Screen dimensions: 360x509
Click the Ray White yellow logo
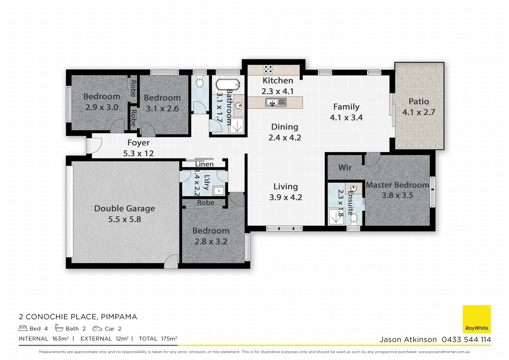[x=477, y=319]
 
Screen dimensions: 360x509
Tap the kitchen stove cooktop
[x=268, y=69]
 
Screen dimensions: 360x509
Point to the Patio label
[x=419, y=101]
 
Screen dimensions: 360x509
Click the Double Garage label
[x=125, y=209]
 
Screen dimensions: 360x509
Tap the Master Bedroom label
[x=397, y=185]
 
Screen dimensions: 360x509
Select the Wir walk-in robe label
[x=345, y=167]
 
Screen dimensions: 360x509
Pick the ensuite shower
[x=335, y=216]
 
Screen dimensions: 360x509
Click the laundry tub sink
[x=219, y=191]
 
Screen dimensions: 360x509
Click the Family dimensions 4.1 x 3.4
[x=346, y=118]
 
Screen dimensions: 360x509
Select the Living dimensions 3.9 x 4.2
[x=285, y=197]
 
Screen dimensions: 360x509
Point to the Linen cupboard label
[x=204, y=164]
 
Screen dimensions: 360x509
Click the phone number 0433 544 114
[x=466, y=340]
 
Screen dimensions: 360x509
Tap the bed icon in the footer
[x=23, y=328]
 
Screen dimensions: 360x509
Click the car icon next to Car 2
[x=97, y=329]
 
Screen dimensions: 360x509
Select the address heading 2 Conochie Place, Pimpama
[x=78, y=317]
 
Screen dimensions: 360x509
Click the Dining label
[x=284, y=127]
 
